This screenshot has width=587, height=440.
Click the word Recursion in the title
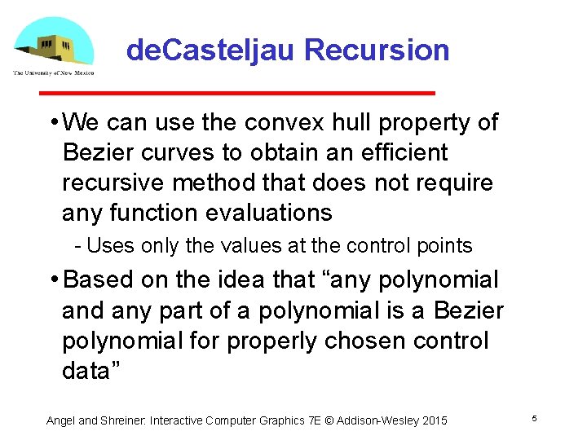coord(376,51)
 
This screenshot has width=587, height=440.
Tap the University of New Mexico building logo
coord(52,42)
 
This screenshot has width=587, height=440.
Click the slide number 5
coord(534,419)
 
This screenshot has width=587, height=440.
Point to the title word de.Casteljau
coord(210,51)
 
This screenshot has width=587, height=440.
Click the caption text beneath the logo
coord(53,73)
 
